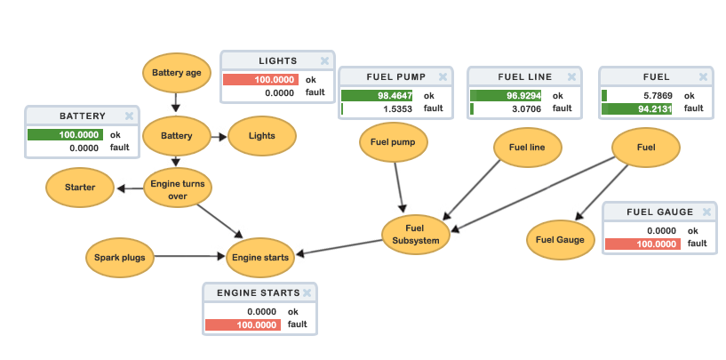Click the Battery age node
pos(177,73)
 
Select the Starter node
pos(80,188)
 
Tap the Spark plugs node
pos(120,258)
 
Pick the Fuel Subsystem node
pos(416,233)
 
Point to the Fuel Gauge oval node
pos(560,239)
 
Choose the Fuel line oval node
pos(527,146)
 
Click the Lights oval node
pos(261,136)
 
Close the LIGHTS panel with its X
pos(324,61)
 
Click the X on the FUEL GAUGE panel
pos(706,212)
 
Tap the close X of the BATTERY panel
pos(129,116)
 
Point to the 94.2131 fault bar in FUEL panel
pos(636,108)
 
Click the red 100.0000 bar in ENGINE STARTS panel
pos(243,325)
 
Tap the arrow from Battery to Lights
pos(219,137)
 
